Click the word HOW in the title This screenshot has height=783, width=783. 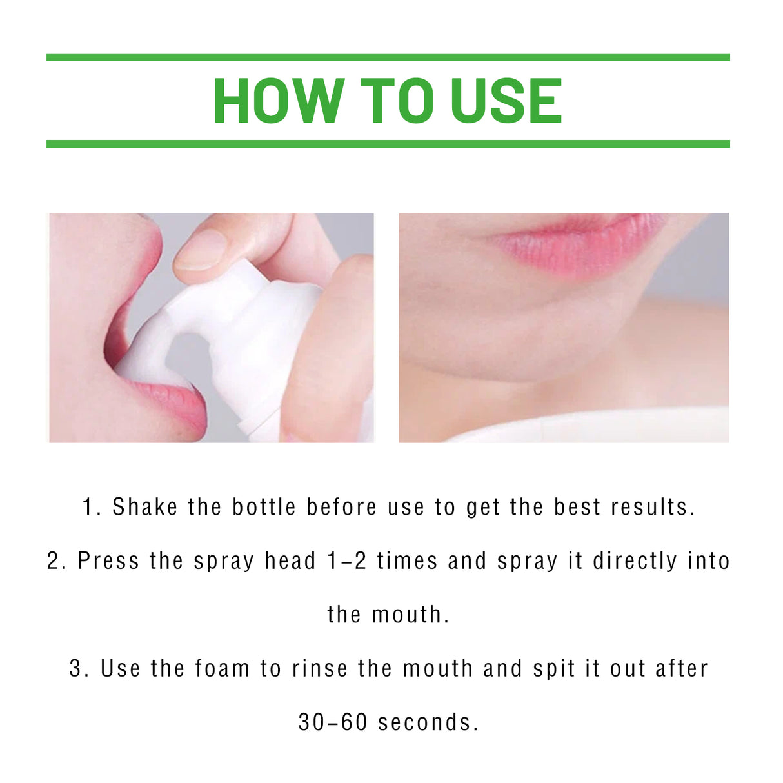(278, 101)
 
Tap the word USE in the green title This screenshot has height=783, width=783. (506, 101)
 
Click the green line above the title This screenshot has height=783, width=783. (388, 57)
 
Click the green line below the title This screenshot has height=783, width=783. (388, 144)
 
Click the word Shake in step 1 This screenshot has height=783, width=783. (144, 507)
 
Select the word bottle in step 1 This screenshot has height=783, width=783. (264, 507)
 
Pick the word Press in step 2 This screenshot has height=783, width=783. (108, 561)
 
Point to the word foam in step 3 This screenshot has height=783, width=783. (222, 668)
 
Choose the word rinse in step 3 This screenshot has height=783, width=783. (319, 668)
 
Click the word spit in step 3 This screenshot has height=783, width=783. (554, 669)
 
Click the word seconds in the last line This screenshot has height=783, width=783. (428, 722)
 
